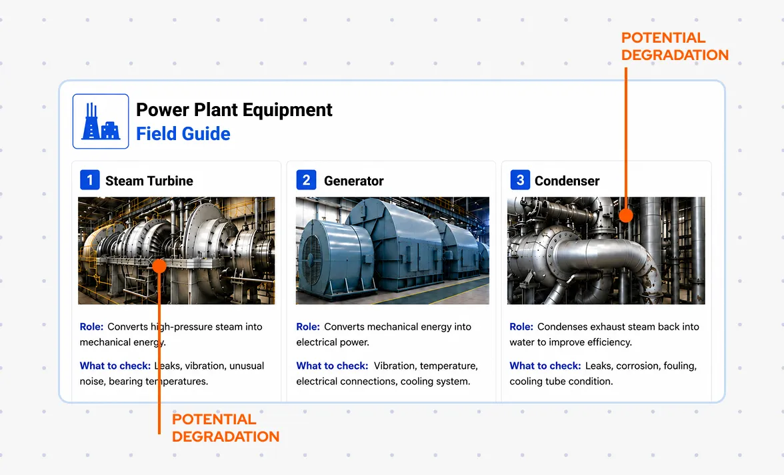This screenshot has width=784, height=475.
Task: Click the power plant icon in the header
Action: [101, 121]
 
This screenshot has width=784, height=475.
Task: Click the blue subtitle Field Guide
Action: [183, 133]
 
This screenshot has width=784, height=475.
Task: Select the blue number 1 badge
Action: [90, 179]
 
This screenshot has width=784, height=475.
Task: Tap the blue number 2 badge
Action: [306, 179]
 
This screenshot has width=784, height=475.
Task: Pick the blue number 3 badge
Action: [520, 179]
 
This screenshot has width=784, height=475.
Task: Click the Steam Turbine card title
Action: [149, 181]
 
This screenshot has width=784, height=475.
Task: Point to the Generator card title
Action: [353, 181]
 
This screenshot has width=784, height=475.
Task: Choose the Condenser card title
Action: [567, 181]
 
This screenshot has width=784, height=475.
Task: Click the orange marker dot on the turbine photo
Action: [159, 266]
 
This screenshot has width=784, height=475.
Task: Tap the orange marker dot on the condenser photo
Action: [625, 215]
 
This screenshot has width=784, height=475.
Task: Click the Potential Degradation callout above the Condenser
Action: [675, 46]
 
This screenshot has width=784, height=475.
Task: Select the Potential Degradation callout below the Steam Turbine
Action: [225, 428]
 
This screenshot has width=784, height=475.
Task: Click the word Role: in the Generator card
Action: [308, 326]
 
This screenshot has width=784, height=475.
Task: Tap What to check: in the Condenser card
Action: [545, 366]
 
